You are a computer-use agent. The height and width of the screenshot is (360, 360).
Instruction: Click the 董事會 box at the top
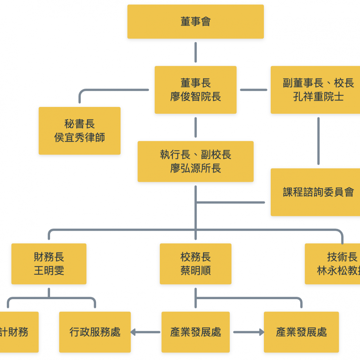point(195,22)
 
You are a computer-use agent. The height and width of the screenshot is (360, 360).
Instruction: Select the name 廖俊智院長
point(195,97)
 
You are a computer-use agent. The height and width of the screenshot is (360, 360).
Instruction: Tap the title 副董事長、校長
point(318,83)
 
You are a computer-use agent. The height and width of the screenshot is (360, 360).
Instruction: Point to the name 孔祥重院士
point(318,97)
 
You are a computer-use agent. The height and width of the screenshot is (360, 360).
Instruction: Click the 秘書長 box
point(80,131)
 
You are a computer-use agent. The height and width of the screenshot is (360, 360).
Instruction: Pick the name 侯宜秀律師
point(80,138)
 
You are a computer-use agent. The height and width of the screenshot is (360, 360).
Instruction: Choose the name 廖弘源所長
point(195,168)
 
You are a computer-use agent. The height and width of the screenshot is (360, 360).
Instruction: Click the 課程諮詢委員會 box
point(318,192)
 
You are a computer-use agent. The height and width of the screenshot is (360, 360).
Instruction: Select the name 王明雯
point(49,271)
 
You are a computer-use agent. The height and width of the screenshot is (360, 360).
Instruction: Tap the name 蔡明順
point(195,271)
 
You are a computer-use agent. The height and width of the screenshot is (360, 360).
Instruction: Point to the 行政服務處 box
point(95,332)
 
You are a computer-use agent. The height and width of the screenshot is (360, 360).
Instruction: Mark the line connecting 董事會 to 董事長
point(195,52)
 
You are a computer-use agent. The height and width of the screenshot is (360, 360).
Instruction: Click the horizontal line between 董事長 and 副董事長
point(253,90)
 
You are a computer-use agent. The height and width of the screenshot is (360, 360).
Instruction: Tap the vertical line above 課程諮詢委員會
point(318,141)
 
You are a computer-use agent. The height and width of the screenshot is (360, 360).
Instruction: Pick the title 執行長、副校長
point(195,155)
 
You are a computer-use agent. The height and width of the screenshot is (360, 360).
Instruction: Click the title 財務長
point(49,257)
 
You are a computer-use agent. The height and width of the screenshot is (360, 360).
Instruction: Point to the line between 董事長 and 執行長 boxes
point(195,127)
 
